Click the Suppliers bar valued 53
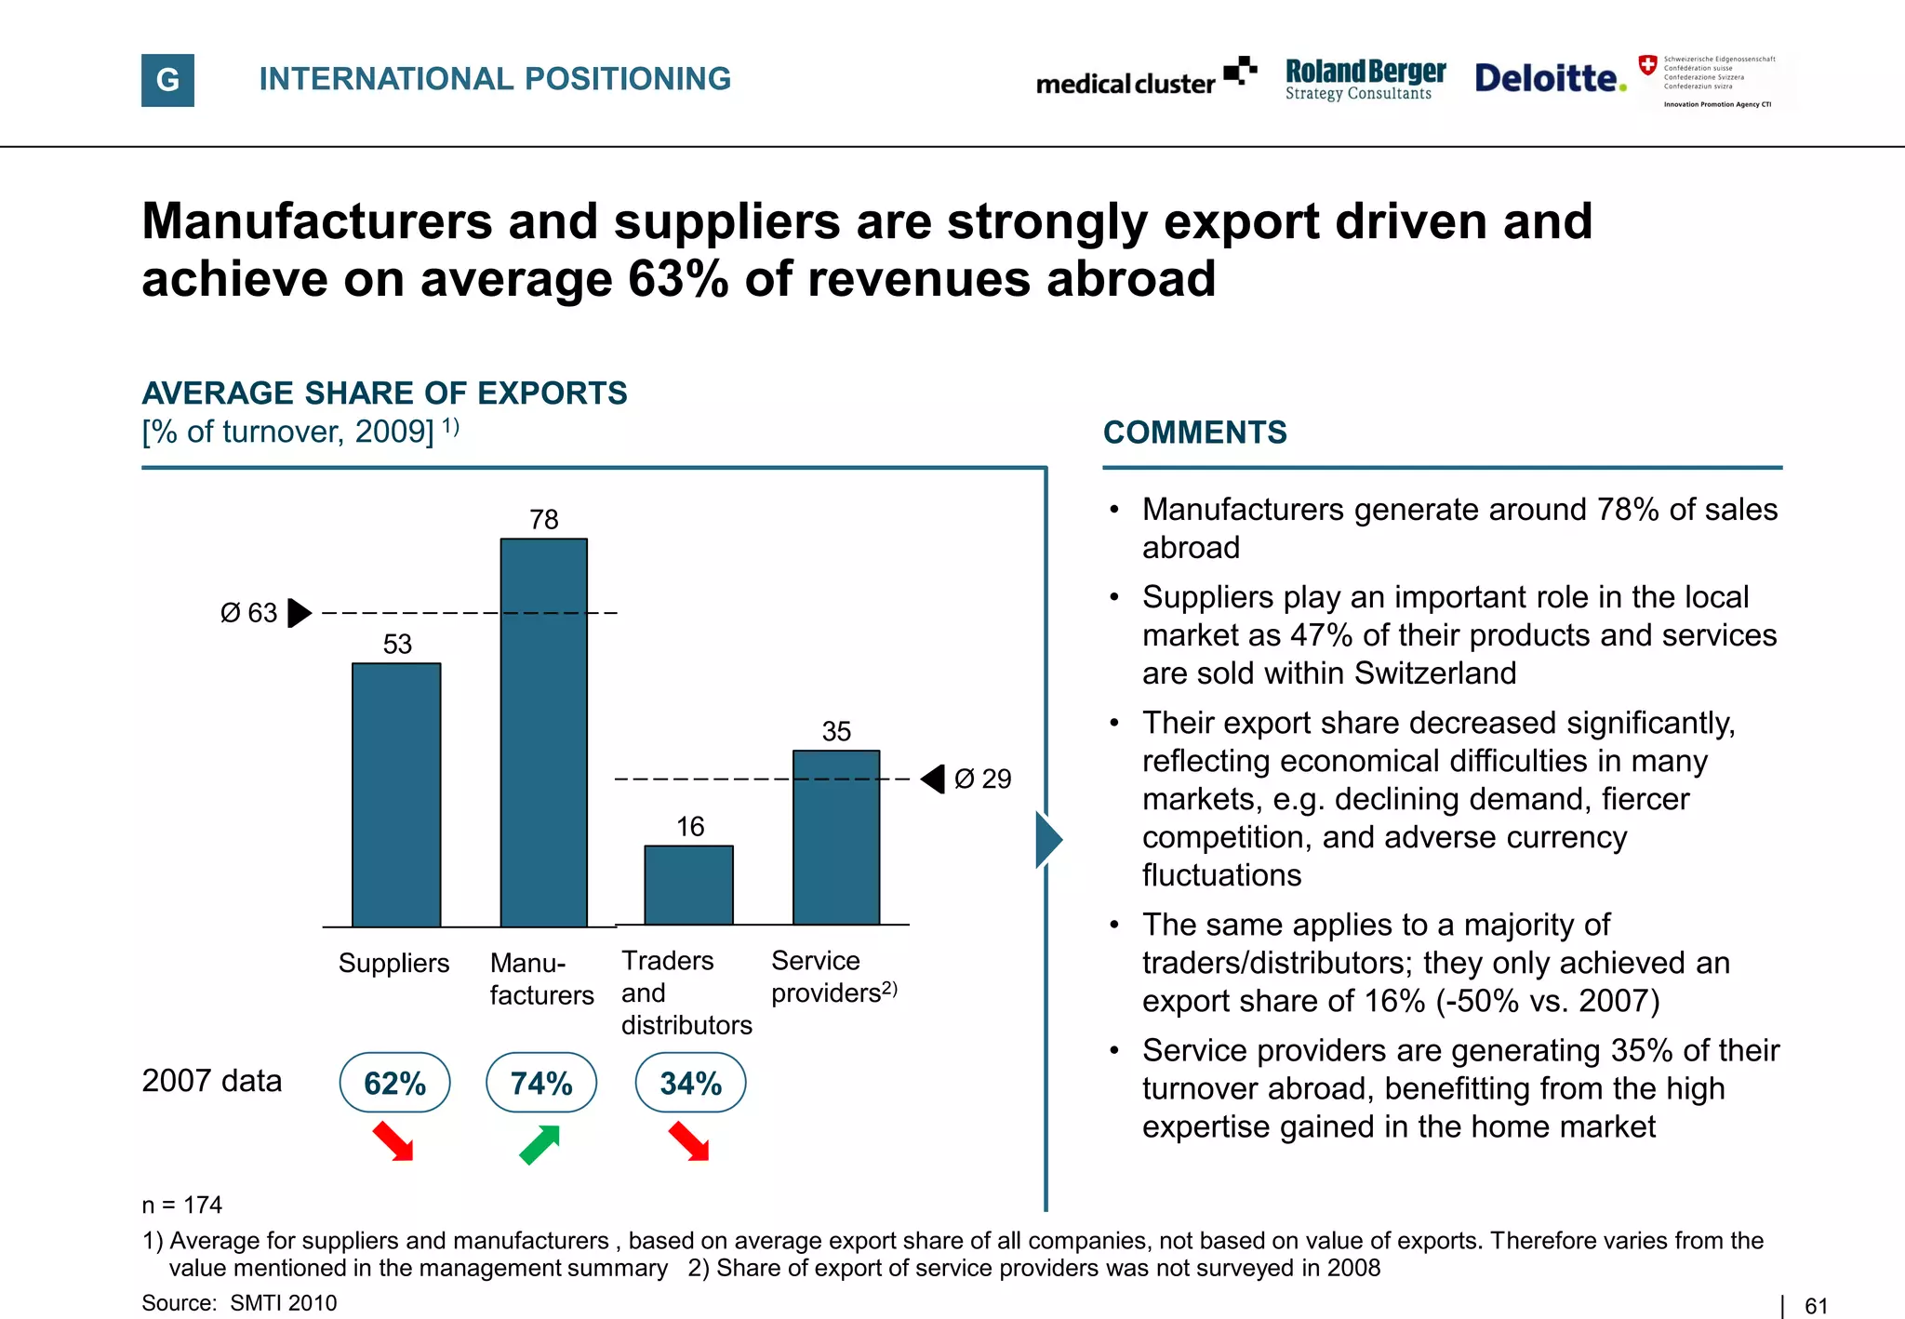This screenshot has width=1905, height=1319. [396, 794]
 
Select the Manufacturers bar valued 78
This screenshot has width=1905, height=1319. [544, 732]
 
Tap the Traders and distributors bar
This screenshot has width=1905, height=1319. [688, 885]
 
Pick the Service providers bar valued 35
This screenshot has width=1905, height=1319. [836, 837]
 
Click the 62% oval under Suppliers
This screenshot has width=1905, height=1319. [394, 1083]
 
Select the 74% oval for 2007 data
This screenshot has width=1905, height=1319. [541, 1083]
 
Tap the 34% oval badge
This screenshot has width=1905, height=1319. [690, 1083]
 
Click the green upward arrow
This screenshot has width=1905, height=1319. [540, 1144]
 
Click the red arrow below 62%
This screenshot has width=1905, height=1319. [393, 1141]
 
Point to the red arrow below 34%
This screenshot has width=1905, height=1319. [689, 1141]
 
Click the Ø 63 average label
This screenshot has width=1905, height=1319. [248, 613]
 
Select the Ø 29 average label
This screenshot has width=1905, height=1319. [982, 779]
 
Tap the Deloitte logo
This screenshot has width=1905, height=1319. [1550, 78]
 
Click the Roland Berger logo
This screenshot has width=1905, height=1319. [1365, 79]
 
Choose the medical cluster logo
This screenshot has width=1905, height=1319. [1145, 79]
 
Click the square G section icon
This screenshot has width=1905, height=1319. [167, 80]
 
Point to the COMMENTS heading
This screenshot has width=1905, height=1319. [1194, 433]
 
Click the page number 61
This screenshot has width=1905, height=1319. [1816, 1306]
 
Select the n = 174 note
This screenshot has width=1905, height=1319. [182, 1205]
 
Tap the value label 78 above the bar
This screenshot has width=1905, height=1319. [544, 519]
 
